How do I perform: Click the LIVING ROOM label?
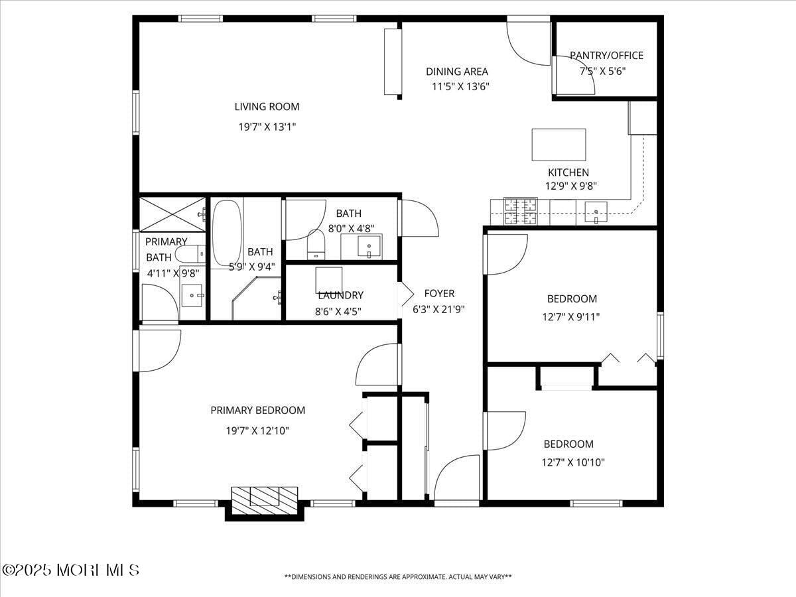(x=267, y=106)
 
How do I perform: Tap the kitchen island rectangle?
(x=559, y=145)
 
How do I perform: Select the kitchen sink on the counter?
(x=596, y=212)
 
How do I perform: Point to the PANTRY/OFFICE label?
(x=606, y=55)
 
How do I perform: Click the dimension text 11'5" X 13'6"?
(x=460, y=86)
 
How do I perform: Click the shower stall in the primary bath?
(x=172, y=214)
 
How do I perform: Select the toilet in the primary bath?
(x=190, y=253)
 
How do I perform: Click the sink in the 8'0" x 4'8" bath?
(x=368, y=246)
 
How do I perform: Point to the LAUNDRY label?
(x=340, y=295)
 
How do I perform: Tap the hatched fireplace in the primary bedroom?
(x=264, y=497)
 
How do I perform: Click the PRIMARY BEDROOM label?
(x=257, y=411)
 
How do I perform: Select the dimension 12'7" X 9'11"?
(x=570, y=316)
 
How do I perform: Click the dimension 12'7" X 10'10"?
(x=573, y=462)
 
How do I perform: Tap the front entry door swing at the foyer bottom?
(x=457, y=479)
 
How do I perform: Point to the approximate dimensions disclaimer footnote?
(x=398, y=577)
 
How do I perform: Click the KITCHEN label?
(x=568, y=172)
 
